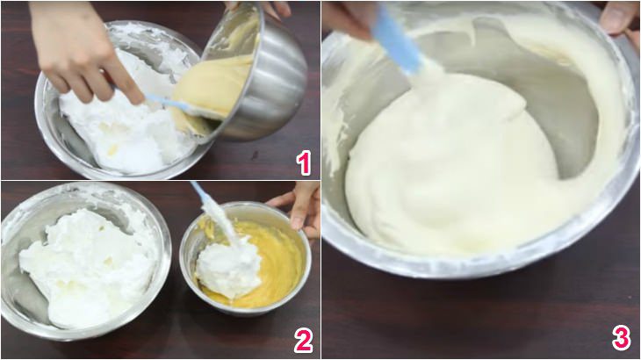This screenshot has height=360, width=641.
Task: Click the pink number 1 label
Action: click(303, 162)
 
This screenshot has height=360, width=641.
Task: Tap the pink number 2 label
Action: click(303, 341)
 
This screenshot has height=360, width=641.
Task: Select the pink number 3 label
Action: click(621, 338)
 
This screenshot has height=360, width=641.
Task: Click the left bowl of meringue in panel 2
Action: click(83, 263)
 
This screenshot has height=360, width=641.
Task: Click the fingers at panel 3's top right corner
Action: click(620, 18)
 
